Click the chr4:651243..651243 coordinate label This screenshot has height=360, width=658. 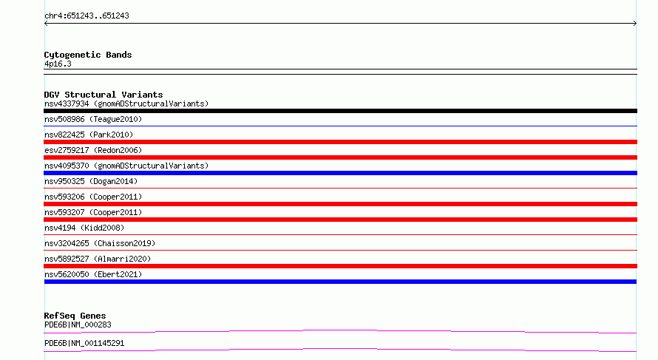(x=87, y=16)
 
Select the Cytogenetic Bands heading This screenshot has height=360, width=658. (x=88, y=55)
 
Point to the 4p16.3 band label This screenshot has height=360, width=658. (x=58, y=64)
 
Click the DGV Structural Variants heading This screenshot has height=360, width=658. (x=104, y=95)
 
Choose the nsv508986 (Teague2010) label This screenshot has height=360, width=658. (x=93, y=119)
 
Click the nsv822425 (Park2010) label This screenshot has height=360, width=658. (x=89, y=135)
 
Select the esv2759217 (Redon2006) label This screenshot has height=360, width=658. (x=93, y=150)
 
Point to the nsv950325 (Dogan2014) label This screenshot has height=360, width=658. (x=91, y=181)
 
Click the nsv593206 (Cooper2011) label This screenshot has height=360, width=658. (x=93, y=197)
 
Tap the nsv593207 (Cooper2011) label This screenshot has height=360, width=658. (x=93, y=212)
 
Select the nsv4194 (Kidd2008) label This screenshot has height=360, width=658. (x=84, y=228)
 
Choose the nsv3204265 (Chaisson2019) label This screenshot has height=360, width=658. (x=100, y=243)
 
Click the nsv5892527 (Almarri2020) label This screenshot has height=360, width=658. (x=98, y=259)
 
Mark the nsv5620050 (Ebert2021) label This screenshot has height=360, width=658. (x=93, y=274)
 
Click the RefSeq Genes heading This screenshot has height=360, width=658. (x=75, y=316)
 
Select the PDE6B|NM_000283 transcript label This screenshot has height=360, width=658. (x=78, y=325)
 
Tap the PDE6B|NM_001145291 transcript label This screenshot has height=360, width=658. (x=84, y=343)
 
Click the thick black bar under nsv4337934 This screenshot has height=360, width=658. (x=340, y=111)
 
